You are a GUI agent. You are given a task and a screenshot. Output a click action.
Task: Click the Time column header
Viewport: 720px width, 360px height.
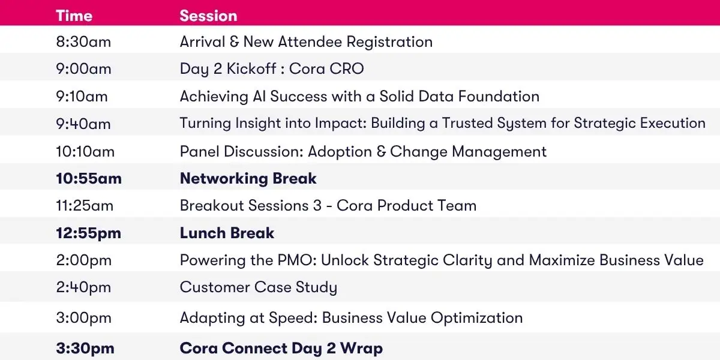click(x=74, y=16)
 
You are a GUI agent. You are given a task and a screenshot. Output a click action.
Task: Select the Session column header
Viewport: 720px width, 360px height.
click(x=208, y=16)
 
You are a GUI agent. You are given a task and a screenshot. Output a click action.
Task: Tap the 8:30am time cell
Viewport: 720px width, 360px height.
click(x=83, y=42)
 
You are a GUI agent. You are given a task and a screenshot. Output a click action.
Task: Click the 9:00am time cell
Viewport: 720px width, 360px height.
click(x=83, y=69)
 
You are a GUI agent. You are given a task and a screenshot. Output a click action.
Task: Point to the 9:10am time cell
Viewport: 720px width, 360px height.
click(x=82, y=97)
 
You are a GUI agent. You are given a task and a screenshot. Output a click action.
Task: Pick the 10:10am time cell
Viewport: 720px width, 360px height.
click(x=85, y=151)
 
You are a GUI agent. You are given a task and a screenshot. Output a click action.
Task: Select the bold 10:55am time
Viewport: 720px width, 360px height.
click(x=89, y=178)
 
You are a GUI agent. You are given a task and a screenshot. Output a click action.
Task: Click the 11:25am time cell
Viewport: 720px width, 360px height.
click(x=85, y=206)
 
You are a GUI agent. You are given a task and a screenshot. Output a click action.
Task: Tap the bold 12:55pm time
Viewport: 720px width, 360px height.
click(x=89, y=233)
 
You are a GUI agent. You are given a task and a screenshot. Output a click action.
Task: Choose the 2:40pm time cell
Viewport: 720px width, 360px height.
click(x=83, y=287)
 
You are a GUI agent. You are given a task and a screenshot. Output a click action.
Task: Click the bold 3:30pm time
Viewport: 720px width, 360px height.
click(x=85, y=348)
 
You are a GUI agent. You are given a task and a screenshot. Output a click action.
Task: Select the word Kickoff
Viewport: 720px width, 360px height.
click(x=251, y=69)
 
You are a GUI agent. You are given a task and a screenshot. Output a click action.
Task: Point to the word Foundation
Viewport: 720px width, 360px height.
click(x=499, y=97)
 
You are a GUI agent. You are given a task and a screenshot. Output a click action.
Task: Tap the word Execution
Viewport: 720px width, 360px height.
click(x=673, y=123)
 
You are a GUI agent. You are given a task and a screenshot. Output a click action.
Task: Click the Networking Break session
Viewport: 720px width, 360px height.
click(x=248, y=179)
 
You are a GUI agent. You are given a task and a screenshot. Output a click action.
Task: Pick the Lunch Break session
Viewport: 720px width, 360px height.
click(x=227, y=233)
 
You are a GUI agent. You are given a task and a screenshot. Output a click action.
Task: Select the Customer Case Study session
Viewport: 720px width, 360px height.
click(x=259, y=287)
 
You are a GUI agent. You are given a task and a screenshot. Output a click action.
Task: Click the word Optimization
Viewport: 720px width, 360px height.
click(x=476, y=318)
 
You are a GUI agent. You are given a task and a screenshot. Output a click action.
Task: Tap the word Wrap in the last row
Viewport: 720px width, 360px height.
click(x=361, y=349)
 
